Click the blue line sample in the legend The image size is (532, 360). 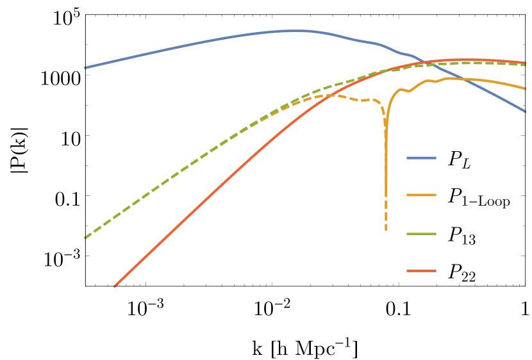pos(421,158)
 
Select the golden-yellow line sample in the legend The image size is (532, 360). pos(421,195)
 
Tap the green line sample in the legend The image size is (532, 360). pos(421,234)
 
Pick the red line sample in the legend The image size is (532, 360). pos(421,271)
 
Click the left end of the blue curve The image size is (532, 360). pos(85,67)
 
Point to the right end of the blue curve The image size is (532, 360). pos(526,111)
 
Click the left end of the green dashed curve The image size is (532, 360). pos(85,238)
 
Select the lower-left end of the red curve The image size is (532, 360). pos(115,286)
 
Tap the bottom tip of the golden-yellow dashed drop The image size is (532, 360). pos(386,229)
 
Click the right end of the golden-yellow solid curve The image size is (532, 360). pos(526,88)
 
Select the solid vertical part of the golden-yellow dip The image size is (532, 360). pos(386,167)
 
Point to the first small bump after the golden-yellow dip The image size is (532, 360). pos(401,90)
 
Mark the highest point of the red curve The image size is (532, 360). pos(474,60)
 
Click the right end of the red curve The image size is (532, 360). pos(526,63)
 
